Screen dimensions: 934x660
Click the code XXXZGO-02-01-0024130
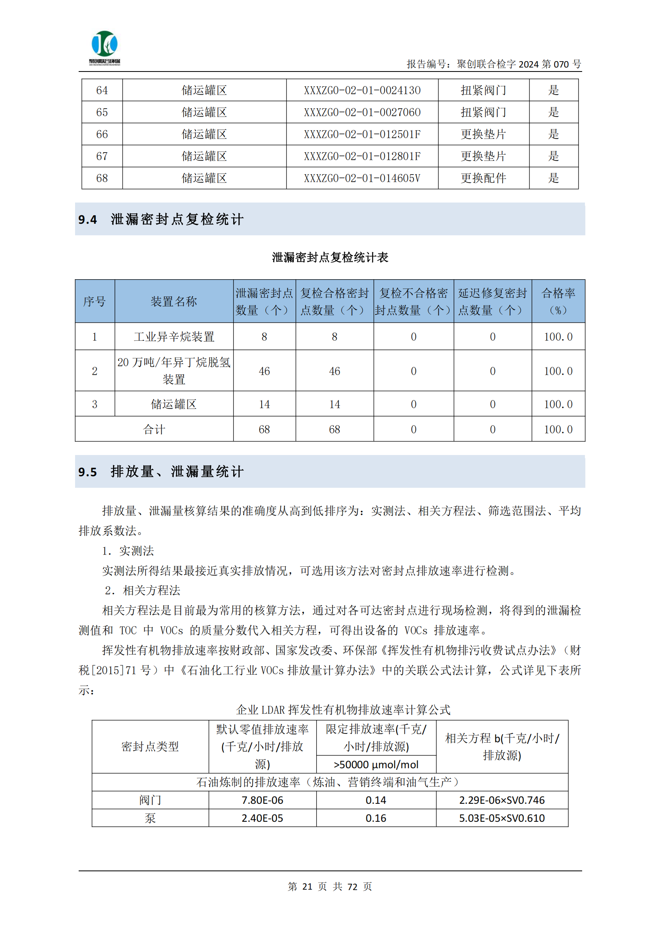[x=362, y=90]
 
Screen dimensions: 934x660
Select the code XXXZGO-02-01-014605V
[x=362, y=178]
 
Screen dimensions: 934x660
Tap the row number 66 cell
[x=102, y=134]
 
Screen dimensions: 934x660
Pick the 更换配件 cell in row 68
[x=483, y=178]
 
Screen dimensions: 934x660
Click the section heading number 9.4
[x=87, y=220]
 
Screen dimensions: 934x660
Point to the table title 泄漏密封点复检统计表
[x=330, y=258]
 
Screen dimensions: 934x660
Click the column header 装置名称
[x=174, y=302]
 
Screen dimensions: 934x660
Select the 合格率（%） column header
[x=558, y=302]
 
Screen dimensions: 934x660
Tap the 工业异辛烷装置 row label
[x=174, y=337]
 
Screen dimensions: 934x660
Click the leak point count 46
[x=264, y=371]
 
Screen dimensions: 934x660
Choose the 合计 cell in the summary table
[x=154, y=429]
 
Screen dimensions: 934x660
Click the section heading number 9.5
[x=87, y=472]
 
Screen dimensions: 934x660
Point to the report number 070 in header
[x=561, y=64]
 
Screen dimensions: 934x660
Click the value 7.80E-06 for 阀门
[x=262, y=800]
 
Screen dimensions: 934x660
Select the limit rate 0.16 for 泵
[x=376, y=818]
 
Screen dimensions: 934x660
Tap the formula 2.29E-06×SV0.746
[x=502, y=800]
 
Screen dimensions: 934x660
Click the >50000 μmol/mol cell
[x=376, y=765]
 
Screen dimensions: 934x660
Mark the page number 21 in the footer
[x=307, y=887]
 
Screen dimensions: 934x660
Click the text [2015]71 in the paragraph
[x=114, y=670]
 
